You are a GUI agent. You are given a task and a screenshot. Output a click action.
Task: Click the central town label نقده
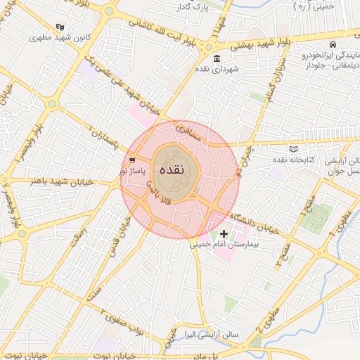coord(172,170)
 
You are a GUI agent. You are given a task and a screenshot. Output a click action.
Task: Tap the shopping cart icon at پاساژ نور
coord(132,159)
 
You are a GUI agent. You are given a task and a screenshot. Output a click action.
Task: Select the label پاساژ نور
coord(132,170)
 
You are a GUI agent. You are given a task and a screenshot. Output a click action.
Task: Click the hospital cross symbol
coord(224,233)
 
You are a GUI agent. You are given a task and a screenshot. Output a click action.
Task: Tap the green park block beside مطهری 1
coord(314,219)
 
